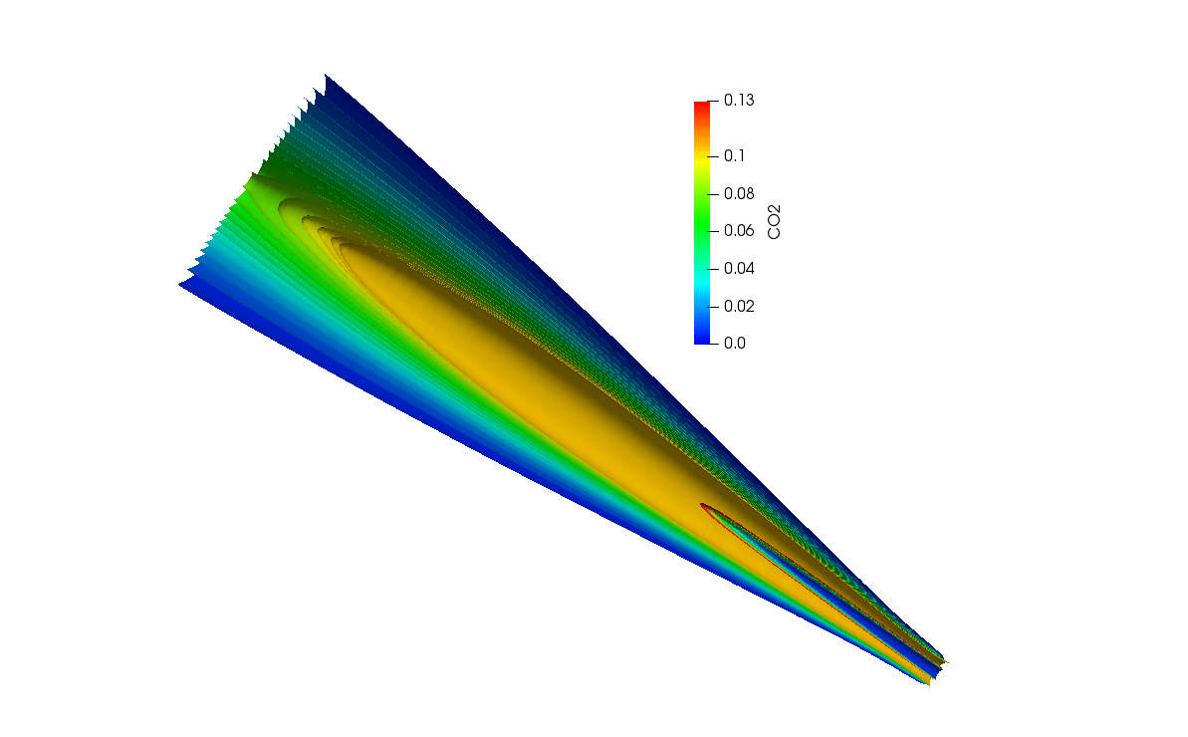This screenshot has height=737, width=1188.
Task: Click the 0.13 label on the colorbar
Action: point(739,100)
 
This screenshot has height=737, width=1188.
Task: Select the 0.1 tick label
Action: point(734,156)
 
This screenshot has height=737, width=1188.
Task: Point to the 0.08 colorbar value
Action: point(739,194)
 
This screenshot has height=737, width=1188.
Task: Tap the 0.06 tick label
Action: point(739,231)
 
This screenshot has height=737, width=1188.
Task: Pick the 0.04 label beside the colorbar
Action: point(739,268)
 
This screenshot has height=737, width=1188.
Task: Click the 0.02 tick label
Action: point(739,306)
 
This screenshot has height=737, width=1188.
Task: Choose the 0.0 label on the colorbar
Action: point(734,344)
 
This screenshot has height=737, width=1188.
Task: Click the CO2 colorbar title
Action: point(774,222)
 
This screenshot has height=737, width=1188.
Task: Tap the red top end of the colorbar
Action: point(702,106)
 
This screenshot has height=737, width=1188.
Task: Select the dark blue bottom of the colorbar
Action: point(702,340)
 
